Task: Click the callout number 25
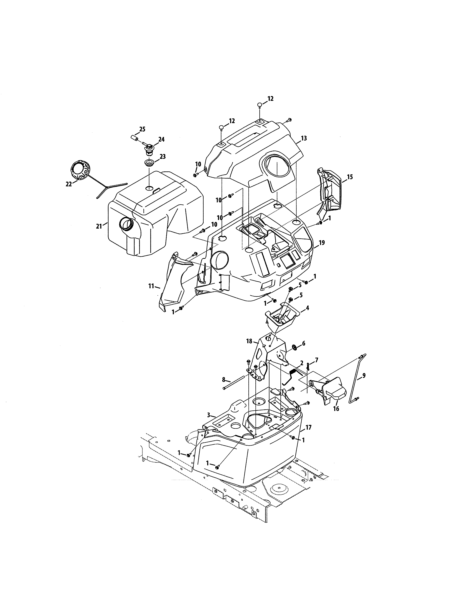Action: [142, 129]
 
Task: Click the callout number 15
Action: [350, 177]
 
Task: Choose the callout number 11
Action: [151, 286]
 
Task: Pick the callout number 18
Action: [249, 341]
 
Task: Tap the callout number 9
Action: [364, 376]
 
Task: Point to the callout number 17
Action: [308, 427]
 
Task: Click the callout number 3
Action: [208, 422]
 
